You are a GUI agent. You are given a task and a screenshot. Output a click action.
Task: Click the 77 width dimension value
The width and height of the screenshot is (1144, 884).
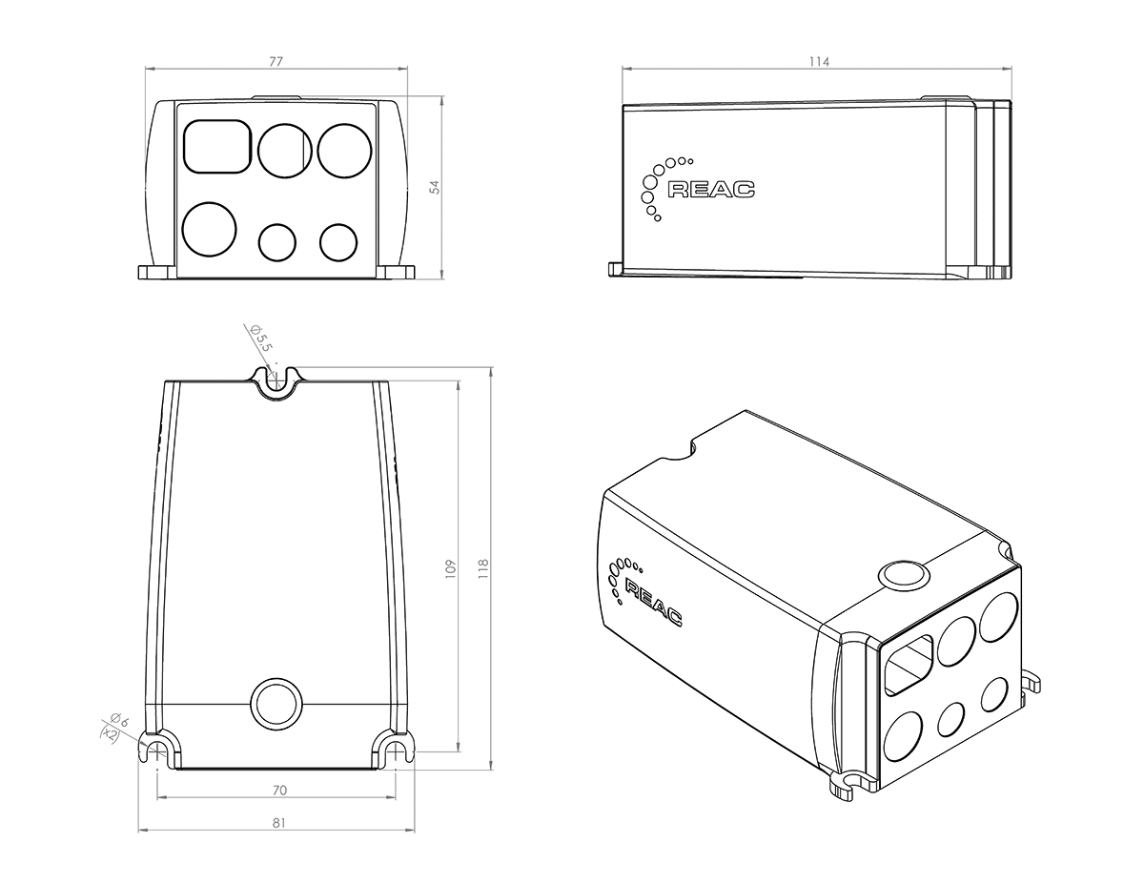point(276,61)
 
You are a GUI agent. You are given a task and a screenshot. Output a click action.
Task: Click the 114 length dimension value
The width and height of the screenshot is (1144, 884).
point(818,61)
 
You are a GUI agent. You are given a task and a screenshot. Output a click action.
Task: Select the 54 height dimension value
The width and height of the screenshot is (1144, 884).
point(435,188)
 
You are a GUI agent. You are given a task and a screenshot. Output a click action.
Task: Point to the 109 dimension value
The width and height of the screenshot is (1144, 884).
point(451,568)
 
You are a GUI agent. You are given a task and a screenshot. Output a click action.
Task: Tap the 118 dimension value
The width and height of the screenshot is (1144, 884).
point(482,568)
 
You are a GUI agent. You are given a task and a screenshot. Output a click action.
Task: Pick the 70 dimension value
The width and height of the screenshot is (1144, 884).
point(279,790)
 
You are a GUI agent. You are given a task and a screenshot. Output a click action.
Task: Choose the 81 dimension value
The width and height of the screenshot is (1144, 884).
point(277,822)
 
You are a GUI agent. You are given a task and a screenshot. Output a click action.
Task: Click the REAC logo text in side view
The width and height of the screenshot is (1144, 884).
point(710,189)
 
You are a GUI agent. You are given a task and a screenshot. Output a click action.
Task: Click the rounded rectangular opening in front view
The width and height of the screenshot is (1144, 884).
point(215,146)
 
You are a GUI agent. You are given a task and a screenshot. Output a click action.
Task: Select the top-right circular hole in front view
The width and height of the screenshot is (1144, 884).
point(342,150)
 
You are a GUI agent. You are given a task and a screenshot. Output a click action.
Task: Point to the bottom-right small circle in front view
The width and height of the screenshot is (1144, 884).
point(337,242)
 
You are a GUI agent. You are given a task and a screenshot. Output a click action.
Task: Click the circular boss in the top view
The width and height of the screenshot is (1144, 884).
point(276,704)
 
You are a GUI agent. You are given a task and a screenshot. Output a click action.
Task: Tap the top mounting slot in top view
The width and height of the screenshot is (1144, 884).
point(276,380)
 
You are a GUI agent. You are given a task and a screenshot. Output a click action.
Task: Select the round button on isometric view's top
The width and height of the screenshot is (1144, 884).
point(901,575)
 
